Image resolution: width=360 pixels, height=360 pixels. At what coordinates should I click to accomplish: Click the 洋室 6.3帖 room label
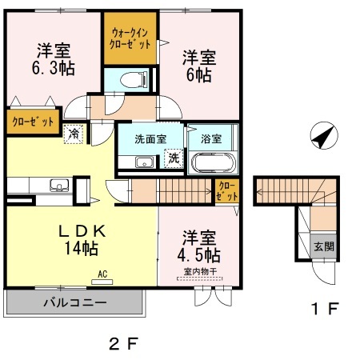(54, 58)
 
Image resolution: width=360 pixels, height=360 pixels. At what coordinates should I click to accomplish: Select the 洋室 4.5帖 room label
(199, 247)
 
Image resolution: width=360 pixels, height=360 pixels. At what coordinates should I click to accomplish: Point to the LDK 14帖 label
(80, 239)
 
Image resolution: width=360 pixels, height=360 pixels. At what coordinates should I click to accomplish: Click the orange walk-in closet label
(130, 38)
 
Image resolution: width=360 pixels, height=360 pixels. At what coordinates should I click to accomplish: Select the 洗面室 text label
(151, 138)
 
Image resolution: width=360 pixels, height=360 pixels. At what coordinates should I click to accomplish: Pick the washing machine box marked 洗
(174, 158)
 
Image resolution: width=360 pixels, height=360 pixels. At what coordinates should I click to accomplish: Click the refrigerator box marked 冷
(74, 134)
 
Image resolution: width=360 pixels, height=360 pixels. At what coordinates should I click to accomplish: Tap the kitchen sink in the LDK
(58, 186)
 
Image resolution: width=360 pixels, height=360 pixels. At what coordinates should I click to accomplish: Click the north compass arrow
(322, 137)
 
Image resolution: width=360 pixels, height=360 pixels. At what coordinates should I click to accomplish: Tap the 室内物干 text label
(199, 271)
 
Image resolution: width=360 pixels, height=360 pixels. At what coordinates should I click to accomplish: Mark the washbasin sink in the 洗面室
(145, 164)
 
